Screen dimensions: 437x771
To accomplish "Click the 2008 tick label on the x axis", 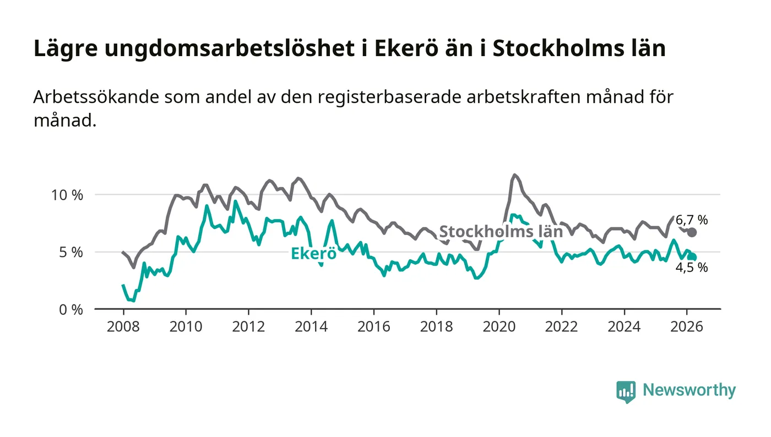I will coord(123,326).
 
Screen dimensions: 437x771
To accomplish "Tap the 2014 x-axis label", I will coord(311,326).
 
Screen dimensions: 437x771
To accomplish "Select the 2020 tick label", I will coord(499,326).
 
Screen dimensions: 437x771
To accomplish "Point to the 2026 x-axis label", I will coord(687,326).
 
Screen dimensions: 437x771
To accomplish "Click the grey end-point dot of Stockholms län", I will coord(692,232).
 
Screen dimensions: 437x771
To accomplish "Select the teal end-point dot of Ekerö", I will coord(692,257).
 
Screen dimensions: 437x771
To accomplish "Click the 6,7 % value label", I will coord(692,220).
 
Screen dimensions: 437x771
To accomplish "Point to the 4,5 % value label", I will coord(692,268).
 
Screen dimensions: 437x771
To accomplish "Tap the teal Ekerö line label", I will coord(313,254).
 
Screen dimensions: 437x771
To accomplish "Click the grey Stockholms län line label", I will coord(501,231).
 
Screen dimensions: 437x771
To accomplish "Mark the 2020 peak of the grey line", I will coord(514,175).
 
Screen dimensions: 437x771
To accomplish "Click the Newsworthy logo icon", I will coord(626,391).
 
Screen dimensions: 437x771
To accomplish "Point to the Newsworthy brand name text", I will coord(689,390).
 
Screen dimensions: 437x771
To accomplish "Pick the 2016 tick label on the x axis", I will coord(373,326).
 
